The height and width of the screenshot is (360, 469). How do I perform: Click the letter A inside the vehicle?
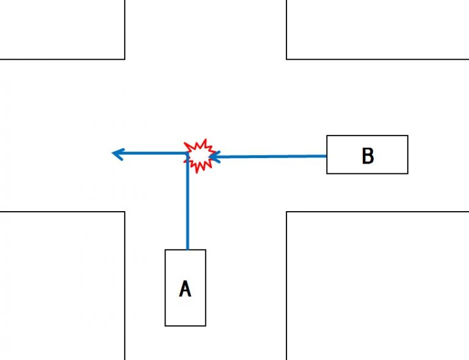pos(185,288)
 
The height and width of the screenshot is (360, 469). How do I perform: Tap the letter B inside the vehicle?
pos(368,156)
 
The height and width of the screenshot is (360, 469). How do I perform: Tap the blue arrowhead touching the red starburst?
pos(213,157)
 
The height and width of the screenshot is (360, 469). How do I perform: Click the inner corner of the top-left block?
pos(125,59)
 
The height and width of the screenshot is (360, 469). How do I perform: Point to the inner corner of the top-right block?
pos(286,59)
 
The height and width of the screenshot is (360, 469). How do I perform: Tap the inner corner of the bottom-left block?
pos(125,212)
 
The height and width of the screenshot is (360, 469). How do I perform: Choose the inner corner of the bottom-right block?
pos(286,212)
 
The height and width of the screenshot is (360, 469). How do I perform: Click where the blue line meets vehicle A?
pos(187,250)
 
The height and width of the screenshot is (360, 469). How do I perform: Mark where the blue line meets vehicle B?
pos(327,156)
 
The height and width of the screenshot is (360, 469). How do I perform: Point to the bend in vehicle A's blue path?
pos(187,154)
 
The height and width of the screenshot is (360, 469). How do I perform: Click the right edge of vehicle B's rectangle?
pos(407,155)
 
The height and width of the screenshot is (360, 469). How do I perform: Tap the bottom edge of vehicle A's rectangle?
pos(185,325)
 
